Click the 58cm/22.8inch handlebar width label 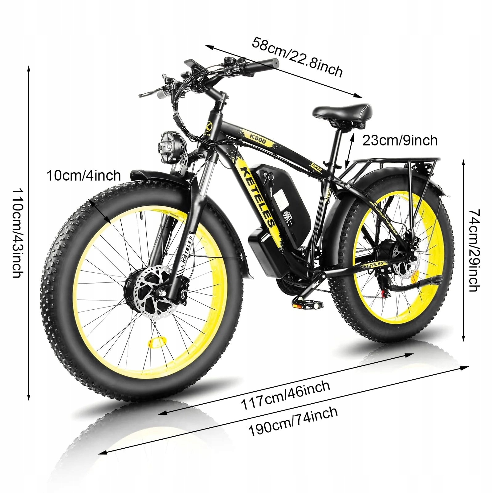(x=297, y=57)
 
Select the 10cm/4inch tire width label (x=84, y=176)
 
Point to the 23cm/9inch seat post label (x=400, y=141)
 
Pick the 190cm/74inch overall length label (x=293, y=421)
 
